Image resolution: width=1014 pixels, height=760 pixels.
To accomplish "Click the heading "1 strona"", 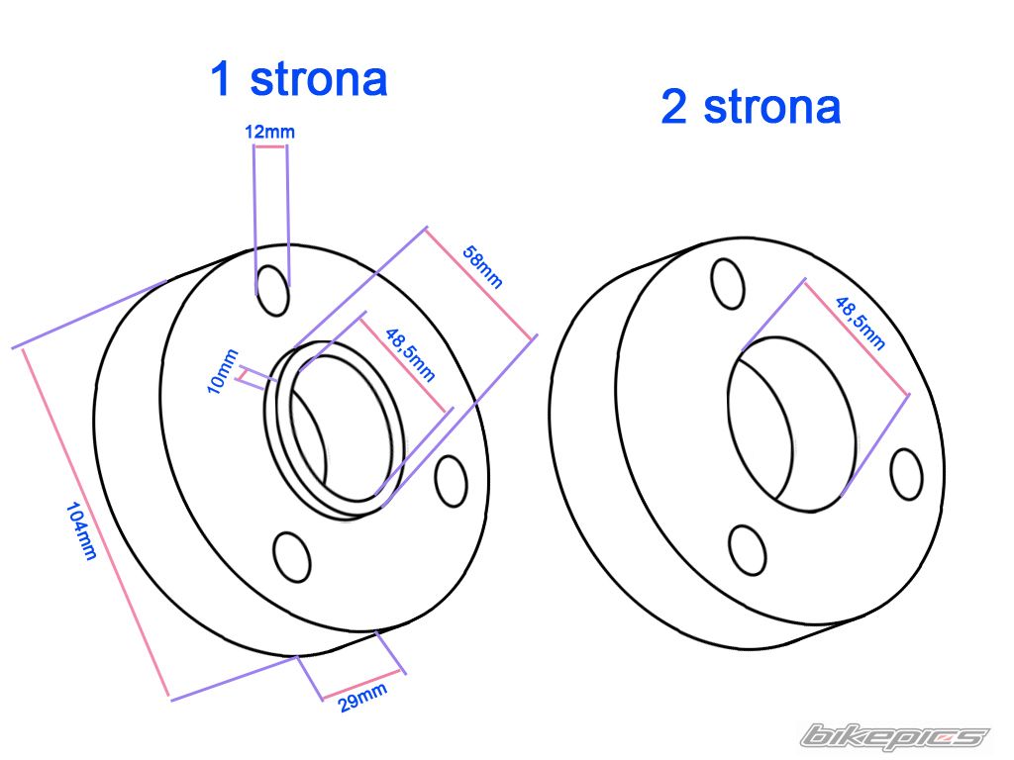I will [298, 79].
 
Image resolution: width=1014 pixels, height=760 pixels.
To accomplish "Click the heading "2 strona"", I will [751, 107].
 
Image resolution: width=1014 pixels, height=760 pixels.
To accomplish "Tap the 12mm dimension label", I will [269, 131].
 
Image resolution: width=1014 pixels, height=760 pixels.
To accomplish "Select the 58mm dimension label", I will [484, 268].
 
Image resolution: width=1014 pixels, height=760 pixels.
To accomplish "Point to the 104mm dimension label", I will [81, 531].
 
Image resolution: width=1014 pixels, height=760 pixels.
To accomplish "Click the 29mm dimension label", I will [361, 699].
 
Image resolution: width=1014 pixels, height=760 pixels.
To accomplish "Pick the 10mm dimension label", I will [224, 371].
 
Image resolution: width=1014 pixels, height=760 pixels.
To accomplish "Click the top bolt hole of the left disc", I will [272, 290].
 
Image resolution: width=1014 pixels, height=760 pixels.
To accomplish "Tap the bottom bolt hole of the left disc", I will [291, 557].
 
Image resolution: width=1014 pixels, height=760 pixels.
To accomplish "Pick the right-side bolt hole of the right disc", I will [906, 474].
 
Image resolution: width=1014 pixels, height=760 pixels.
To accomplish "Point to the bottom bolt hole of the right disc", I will [748, 551].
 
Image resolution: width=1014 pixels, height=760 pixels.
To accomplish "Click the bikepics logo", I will [894, 736].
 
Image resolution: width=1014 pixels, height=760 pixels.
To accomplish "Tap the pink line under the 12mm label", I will [269, 146].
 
